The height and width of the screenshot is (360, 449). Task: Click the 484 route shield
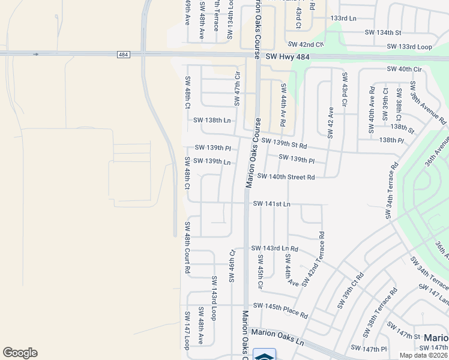[x=123, y=55]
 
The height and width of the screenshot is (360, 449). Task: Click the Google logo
[x=20, y=353]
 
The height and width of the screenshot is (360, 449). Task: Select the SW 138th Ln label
[x=212, y=120]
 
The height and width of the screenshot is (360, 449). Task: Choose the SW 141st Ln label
[x=271, y=204]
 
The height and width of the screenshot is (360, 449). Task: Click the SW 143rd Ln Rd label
[x=274, y=248]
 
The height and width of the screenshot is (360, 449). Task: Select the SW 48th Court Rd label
[x=187, y=248]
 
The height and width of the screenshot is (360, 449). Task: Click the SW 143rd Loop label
[x=214, y=298]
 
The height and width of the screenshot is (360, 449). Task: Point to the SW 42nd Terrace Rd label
[x=313, y=259]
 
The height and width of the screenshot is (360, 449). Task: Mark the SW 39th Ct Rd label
[x=351, y=290]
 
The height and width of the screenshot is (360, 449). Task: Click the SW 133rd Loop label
[x=409, y=46]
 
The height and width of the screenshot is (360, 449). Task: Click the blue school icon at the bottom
[x=264, y=355]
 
